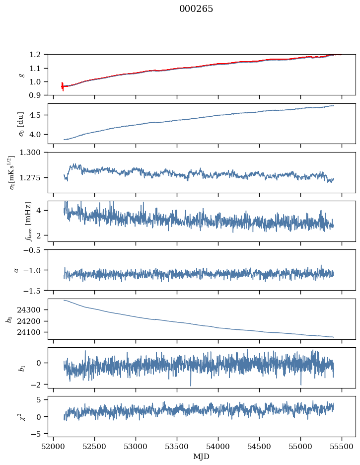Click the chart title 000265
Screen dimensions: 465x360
[196, 9]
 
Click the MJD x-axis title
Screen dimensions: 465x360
[202, 456]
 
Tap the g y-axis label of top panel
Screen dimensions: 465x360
[21, 75]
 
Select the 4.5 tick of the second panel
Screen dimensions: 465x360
[39, 115]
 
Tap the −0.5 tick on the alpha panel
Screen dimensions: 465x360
[35, 250]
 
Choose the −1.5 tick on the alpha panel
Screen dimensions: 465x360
[35, 290]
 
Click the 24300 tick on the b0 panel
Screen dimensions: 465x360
[32, 310]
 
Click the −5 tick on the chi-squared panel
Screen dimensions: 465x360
[37, 434]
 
